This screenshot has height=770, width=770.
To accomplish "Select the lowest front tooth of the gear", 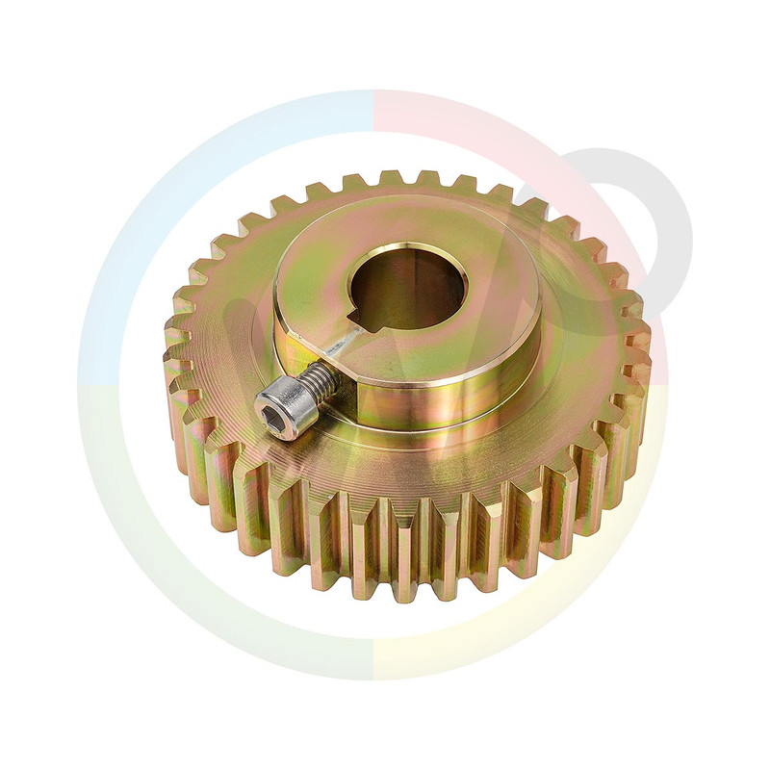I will [405, 568].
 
